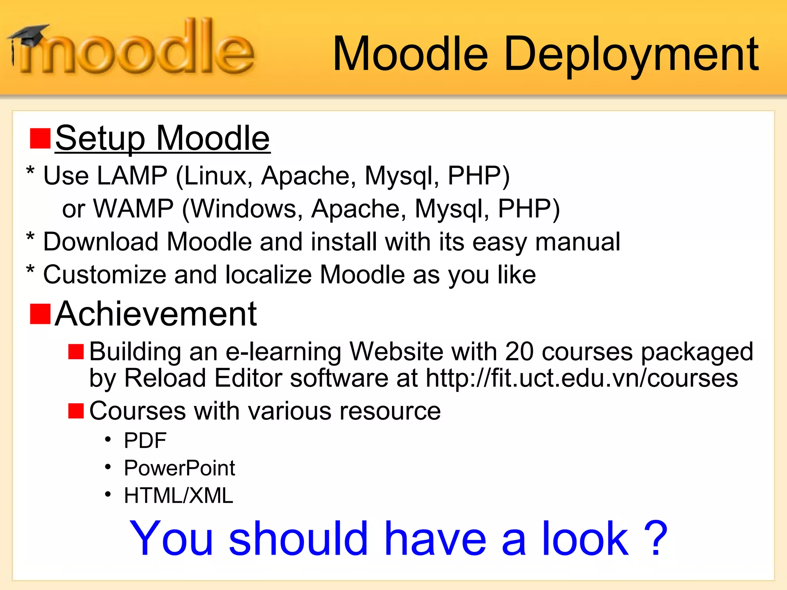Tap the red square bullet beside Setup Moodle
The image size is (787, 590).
tap(40, 139)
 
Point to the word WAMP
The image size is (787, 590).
tap(133, 209)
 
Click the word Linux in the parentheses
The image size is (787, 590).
tap(218, 176)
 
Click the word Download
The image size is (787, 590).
tap(101, 242)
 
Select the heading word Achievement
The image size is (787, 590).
tap(156, 314)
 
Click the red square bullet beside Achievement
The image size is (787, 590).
tap(40, 314)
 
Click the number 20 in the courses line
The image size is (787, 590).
tap(519, 351)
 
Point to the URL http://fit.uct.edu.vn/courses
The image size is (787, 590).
tap(582, 378)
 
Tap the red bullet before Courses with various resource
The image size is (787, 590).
tap(76, 411)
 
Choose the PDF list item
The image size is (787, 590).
tap(145, 440)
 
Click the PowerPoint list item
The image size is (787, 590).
tap(179, 468)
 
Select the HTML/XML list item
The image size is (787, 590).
tap(178, 496)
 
